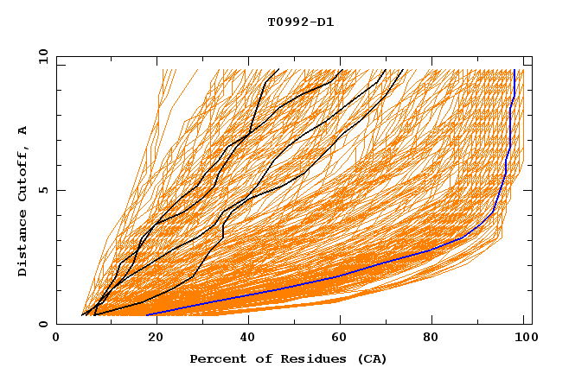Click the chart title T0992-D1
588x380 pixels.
pos(300,22)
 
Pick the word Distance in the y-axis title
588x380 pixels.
pos(23,246)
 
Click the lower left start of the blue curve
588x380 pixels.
pos(148,314)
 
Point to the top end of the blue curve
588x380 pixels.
pos(514,70)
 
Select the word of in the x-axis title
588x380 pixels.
pos(255,359)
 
